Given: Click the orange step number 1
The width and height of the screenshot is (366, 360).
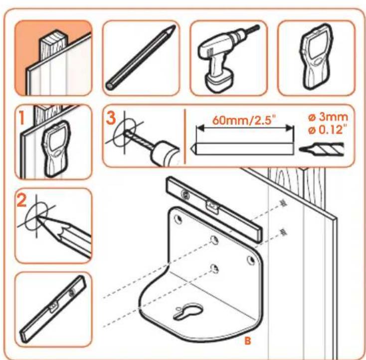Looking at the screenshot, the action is [x=22, y=117].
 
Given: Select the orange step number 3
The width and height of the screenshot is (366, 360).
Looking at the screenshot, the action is [x=111, y=117].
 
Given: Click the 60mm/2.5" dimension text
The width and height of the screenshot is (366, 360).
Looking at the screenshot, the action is [x=243, y=120].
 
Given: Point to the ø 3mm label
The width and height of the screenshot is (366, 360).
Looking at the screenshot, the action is [x=328, y=117].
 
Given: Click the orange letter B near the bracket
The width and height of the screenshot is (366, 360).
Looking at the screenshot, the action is [x=248, y=341].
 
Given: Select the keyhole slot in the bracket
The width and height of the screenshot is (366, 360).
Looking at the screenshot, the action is [x=188, y=312].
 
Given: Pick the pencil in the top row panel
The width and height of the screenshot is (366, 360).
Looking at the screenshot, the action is [x=141, y=57].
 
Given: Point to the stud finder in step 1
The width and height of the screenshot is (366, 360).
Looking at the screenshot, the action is [x=55, y=148].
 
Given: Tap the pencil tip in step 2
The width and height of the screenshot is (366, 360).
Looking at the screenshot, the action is [x=37, y=217].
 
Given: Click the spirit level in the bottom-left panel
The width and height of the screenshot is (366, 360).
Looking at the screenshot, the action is [x=53, y=310].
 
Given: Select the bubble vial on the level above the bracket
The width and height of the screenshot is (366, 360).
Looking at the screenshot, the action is [x=212, y=206].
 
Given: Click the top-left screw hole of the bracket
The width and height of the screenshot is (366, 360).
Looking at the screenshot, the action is [x=179, y=219].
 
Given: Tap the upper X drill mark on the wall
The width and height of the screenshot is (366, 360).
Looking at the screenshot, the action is [x=284, y=203].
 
